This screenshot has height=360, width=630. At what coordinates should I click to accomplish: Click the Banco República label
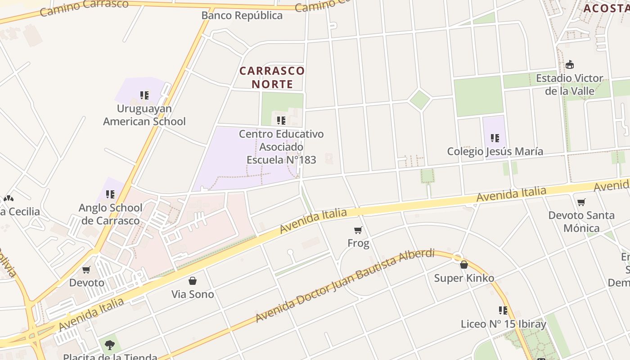(x=242, y=16)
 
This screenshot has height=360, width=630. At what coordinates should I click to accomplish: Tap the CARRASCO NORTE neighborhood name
(x=272, y=77)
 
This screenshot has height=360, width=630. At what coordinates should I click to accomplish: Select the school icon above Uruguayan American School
(x=144, y=95)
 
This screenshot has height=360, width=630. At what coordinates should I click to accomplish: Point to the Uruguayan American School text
(x=144, y=115)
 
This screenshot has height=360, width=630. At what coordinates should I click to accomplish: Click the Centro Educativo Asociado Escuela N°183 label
(x=281, y=147)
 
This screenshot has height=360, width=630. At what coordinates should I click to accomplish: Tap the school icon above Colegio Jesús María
(x=495, y=138)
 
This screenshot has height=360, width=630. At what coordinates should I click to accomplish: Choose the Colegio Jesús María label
(x=495, y=152)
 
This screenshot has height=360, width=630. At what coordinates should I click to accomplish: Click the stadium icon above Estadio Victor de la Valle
(x=570, y=65)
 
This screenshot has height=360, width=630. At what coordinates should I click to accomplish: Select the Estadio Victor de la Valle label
(x=570, y=85)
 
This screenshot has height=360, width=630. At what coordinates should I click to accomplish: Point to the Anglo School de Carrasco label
(x=110, y=214)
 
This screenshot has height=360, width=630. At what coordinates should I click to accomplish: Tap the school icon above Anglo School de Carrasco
(x=110, y=194)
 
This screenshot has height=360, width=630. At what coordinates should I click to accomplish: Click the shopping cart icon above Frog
(x=358, y=230)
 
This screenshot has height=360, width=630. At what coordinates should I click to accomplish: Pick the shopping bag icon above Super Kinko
(x=464, y=265)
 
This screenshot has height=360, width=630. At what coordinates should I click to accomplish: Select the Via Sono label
(x=193, y=294)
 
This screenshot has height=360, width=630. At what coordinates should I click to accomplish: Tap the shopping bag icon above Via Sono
(x=193, y=281)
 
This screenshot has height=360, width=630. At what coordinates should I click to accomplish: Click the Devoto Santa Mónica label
(x=581, y=222)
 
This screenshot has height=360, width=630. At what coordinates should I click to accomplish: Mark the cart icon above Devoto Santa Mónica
(x=581, y=202)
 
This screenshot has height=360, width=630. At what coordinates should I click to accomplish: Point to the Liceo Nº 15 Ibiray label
(x=504, y=324)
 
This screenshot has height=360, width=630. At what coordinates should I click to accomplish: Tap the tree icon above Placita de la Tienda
(x=109, y=345)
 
